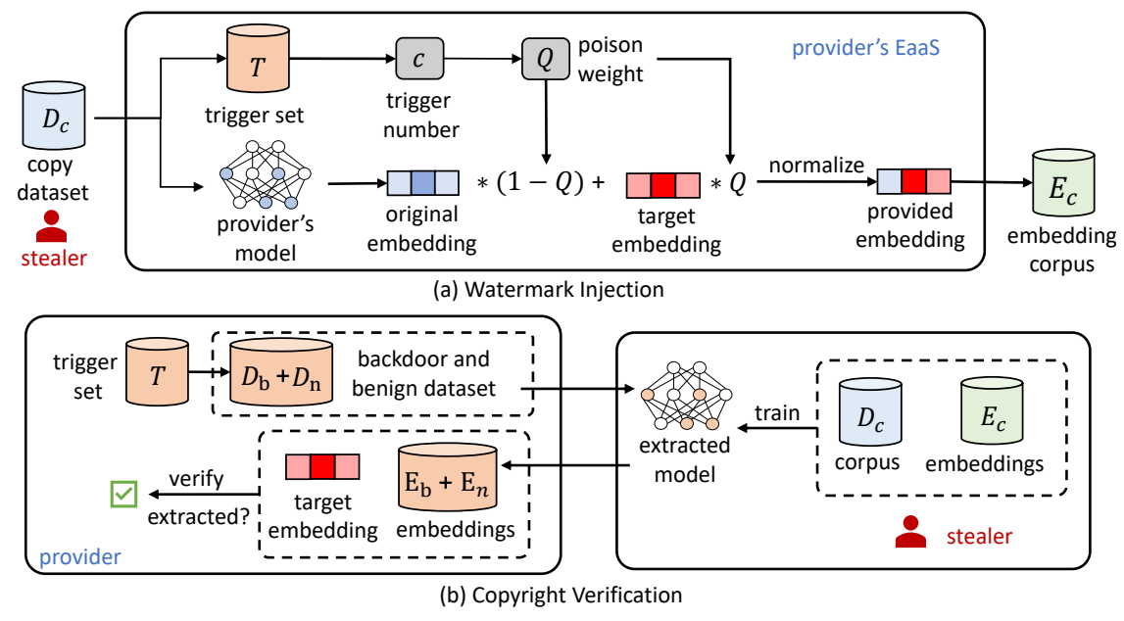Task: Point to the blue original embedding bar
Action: click(422, 183)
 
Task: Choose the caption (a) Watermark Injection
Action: click(556, 289)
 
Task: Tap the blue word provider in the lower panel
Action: click(79, 556)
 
